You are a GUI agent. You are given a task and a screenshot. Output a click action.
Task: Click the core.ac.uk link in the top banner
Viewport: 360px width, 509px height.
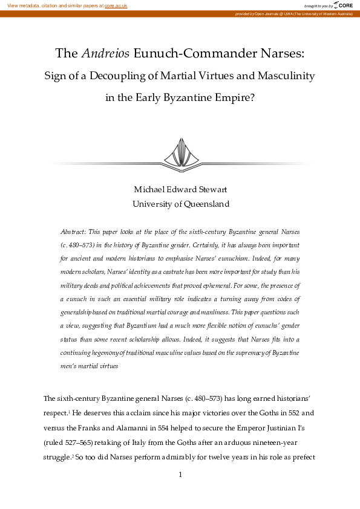tap(115, 5)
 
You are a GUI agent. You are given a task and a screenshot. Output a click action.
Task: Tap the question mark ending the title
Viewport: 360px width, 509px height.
tap(252, 99)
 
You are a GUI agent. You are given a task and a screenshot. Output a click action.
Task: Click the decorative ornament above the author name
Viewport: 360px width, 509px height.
tap(180, 153)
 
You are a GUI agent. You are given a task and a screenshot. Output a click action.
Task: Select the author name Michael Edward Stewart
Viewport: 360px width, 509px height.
tap(180, 189)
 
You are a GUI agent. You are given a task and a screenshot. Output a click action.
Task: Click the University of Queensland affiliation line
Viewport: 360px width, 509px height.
tap(180, 204)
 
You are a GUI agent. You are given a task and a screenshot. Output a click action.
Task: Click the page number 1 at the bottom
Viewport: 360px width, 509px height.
tap(180, 475)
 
